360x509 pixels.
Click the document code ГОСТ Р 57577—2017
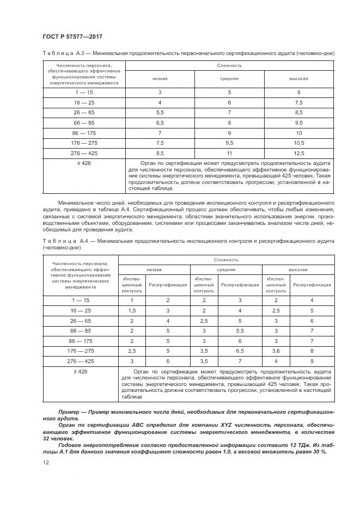[72, 36]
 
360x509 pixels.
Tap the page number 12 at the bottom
[45, 462]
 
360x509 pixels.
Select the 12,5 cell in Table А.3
[299, 154]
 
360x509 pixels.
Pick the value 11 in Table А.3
[229, 154]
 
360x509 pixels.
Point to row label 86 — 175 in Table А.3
[84, 132]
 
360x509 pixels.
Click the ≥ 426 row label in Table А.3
[84, 163]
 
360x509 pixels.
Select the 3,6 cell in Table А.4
[276, 351]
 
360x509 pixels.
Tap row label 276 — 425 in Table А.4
[80, 361]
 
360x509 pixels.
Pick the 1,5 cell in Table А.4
[131, 310]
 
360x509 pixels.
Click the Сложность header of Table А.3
[229, 65]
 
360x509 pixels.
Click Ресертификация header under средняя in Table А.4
[240, 284]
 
